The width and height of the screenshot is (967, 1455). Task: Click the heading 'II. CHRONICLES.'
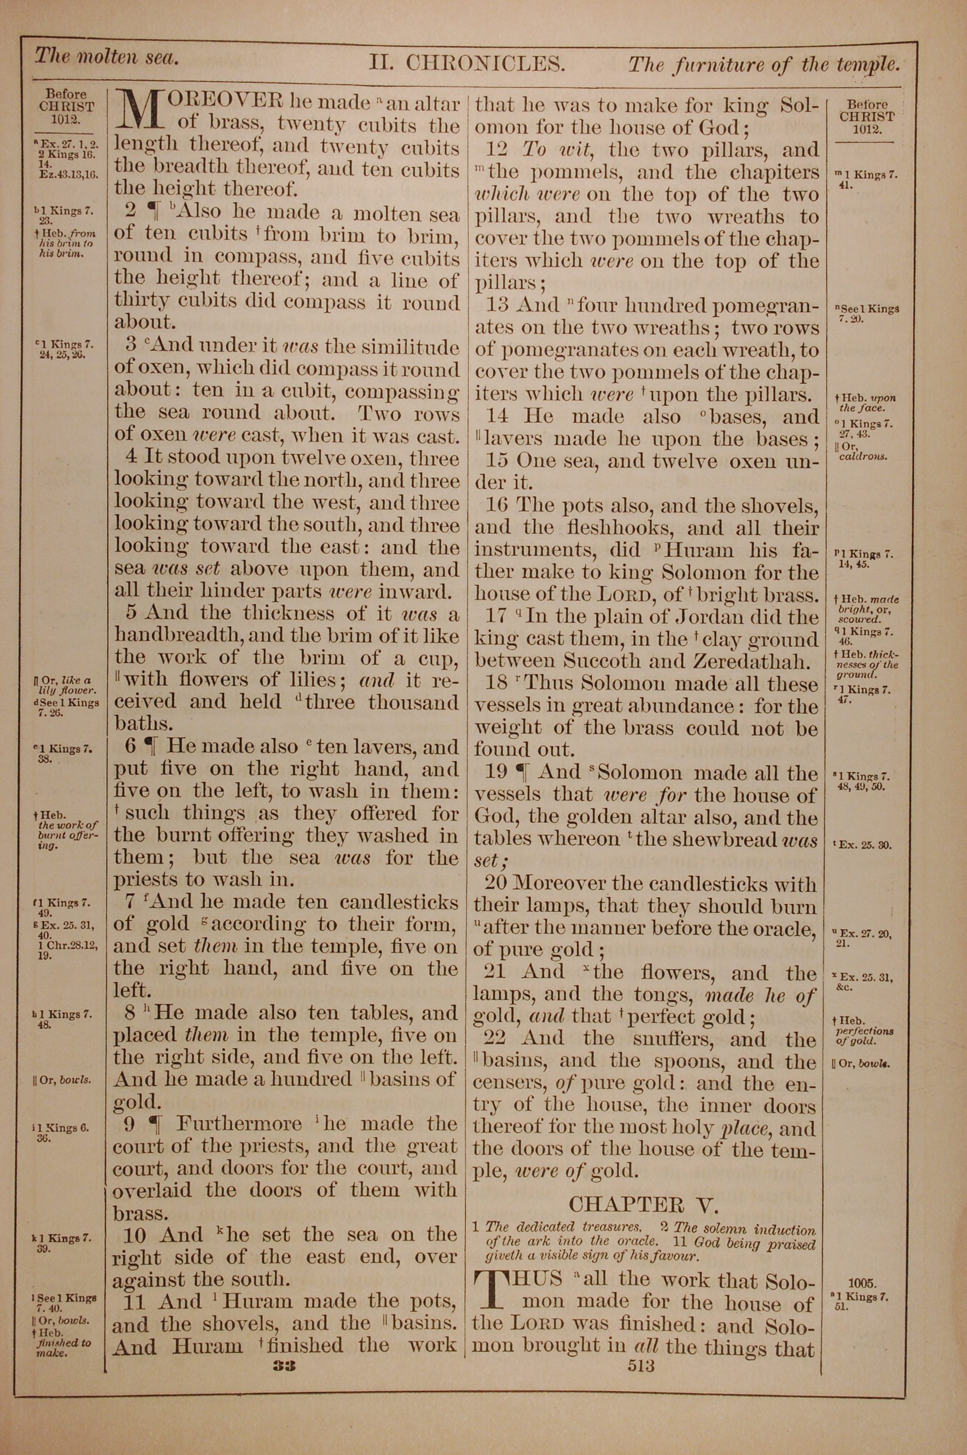coord(467,63)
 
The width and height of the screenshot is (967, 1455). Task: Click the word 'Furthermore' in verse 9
coord(239,1124)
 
